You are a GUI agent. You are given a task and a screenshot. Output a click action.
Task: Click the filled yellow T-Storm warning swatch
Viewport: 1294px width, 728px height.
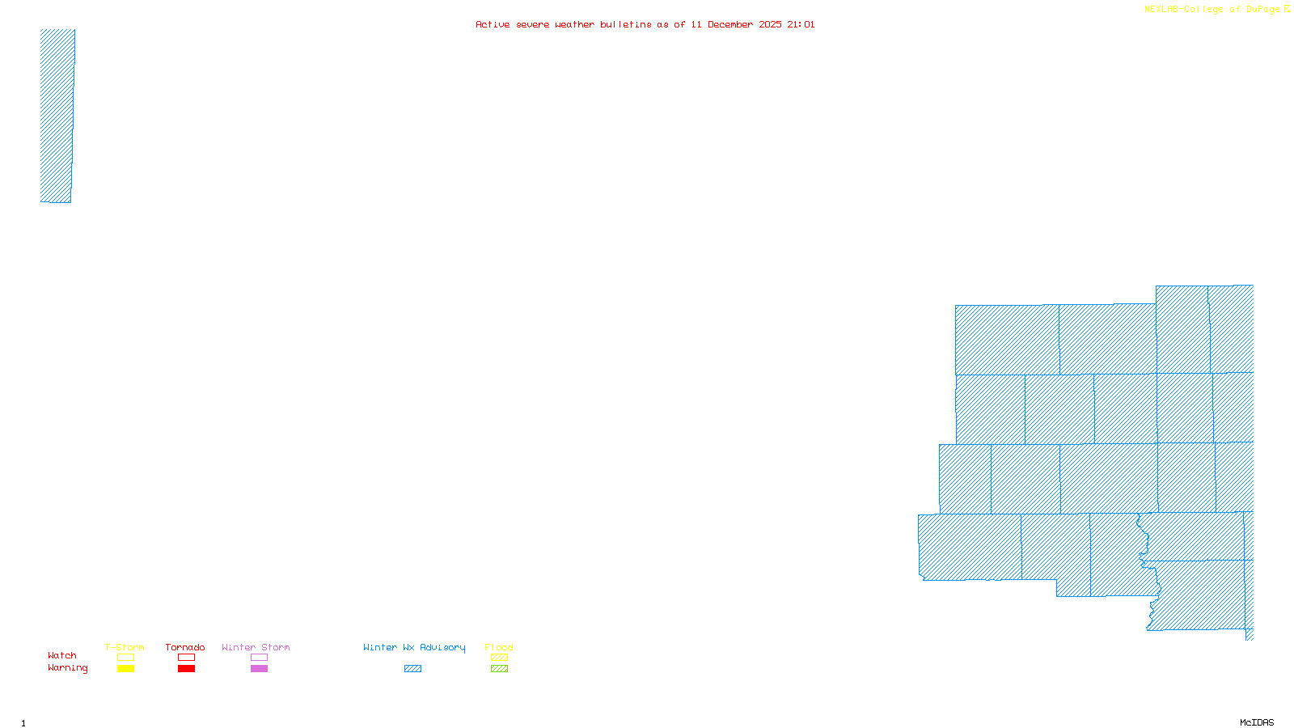pyautogui.click(x=125, y=669)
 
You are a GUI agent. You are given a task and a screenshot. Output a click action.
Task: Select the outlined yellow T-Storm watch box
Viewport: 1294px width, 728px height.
pyautogui.click(x=125, y=658)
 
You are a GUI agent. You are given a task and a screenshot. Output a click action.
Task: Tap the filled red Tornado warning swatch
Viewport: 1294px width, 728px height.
pyautogui.click(x=186, y=669)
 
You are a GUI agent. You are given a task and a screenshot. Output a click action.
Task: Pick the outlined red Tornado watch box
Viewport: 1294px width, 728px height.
pyautogui.click(x=186, y=658)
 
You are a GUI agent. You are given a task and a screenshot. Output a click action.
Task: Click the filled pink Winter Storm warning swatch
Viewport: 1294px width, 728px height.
pyautogui.click(x=259, y=669)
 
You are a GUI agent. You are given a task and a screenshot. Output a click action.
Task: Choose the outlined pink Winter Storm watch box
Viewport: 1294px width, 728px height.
pyautogui.click(x=259, y=658)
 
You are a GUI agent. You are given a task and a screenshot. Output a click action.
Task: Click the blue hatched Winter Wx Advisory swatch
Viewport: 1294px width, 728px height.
pyautogui.click(x=412, y=669)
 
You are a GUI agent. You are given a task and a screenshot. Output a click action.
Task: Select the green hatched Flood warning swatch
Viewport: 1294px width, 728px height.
pyautogui.click(x=499, y=669)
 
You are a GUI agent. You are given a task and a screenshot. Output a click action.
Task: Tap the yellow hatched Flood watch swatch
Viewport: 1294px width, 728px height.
pyautogui.click(x=499, y=658)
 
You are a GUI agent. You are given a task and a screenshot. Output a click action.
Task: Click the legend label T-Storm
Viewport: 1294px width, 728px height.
pyautogui.click(x=125, y=647)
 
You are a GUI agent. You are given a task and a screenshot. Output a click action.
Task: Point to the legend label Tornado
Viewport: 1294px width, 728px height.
pyautogui.click(x=185, y=647)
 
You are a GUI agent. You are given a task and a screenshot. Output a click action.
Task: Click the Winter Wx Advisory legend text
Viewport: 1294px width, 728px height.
pyautogui.click(x=414, y=647)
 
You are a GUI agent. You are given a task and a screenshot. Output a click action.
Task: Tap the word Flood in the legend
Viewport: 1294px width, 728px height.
pyautogui.click(x=499, y=647)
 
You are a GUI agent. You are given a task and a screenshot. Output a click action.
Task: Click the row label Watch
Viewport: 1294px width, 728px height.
pyautogui.click(x=62, y=656)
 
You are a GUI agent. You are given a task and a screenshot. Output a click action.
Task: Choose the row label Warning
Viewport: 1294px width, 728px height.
pyautogui.click(x=68, y=668)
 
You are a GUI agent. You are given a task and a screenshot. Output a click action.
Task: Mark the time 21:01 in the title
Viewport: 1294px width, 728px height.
pyautogui.click(x=801, y=24)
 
